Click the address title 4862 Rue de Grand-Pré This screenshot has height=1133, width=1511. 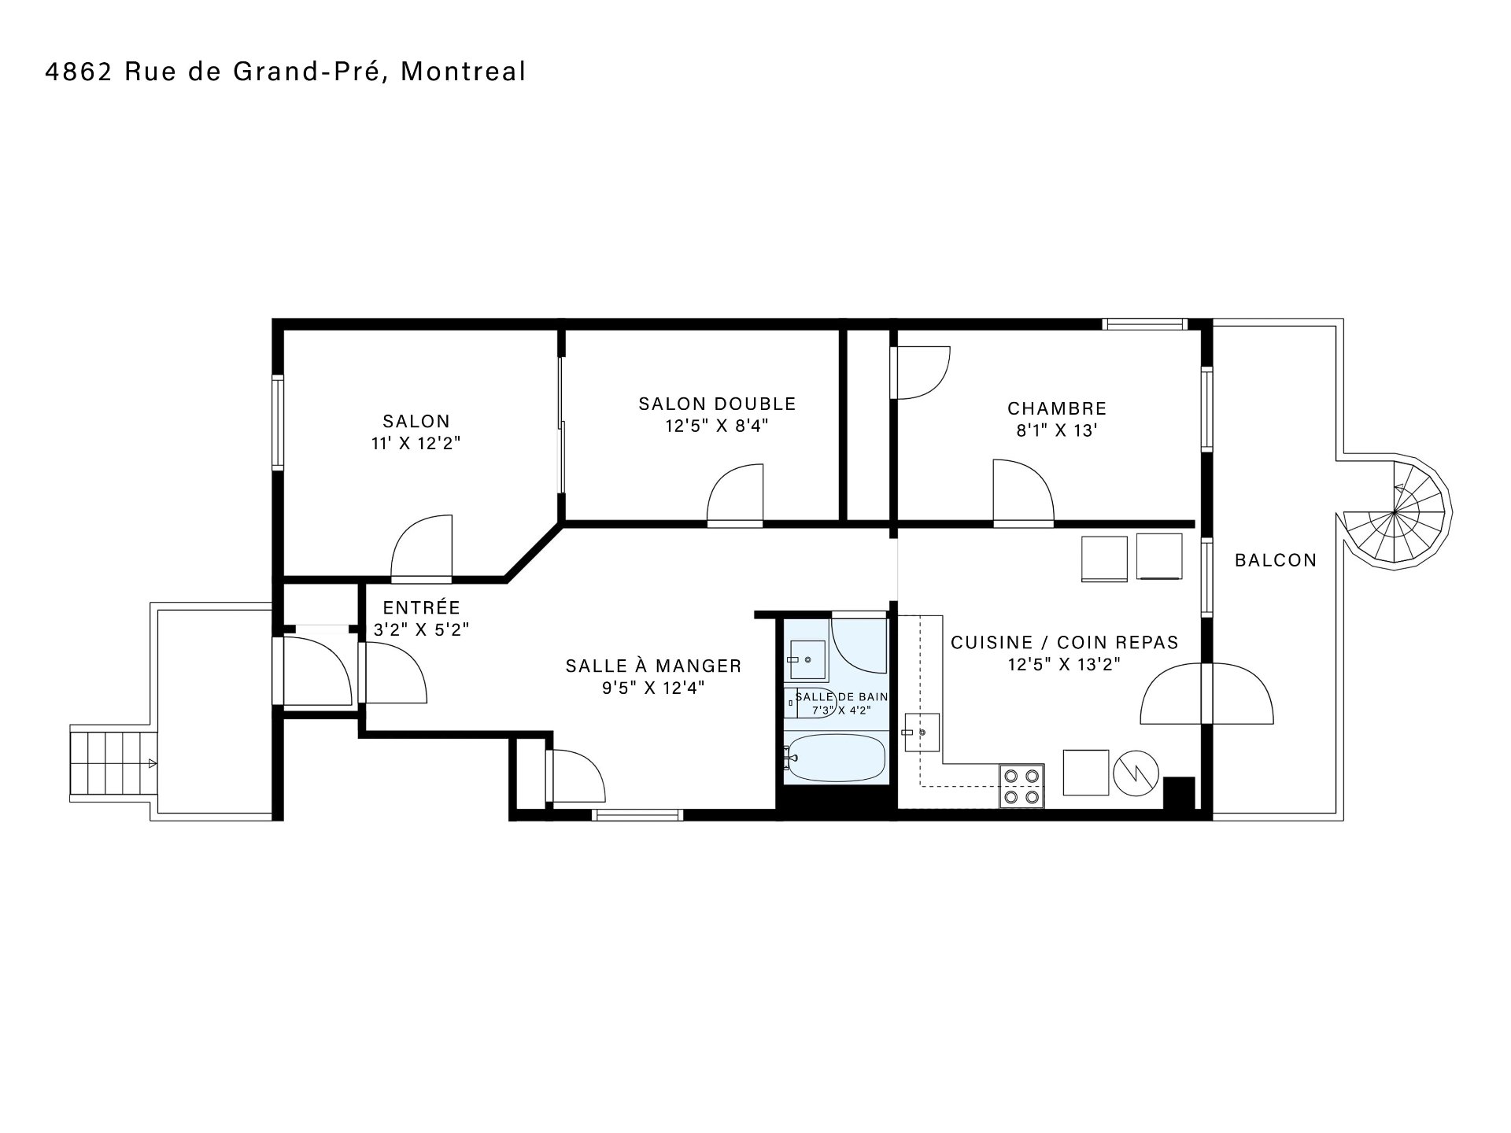pos(286,72)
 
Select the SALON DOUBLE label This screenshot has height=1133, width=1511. pos(717,404)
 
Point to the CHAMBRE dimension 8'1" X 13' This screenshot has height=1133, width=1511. pos(1057,430)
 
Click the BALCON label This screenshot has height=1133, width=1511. pos(1276,560)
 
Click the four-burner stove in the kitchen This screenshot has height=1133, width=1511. pos(1021,786)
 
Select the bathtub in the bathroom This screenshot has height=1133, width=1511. pos(836,757)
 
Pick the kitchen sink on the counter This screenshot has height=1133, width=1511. pos(922,733)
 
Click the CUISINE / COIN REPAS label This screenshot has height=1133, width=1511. pos(1065,642)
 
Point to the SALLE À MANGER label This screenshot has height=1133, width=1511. pos(653,666)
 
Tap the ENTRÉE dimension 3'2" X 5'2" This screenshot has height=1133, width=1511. pos(421,629)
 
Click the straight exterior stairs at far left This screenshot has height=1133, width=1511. pos(113,763)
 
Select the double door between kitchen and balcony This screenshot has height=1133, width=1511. pos(1206,693)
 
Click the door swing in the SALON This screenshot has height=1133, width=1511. pos(422,548)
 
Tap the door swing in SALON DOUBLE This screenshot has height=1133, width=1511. pos(735,495)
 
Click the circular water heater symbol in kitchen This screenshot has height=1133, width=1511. pos(1136,773)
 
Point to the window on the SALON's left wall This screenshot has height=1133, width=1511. pos(277,423)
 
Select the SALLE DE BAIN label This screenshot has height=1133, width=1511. pos(841,696)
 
